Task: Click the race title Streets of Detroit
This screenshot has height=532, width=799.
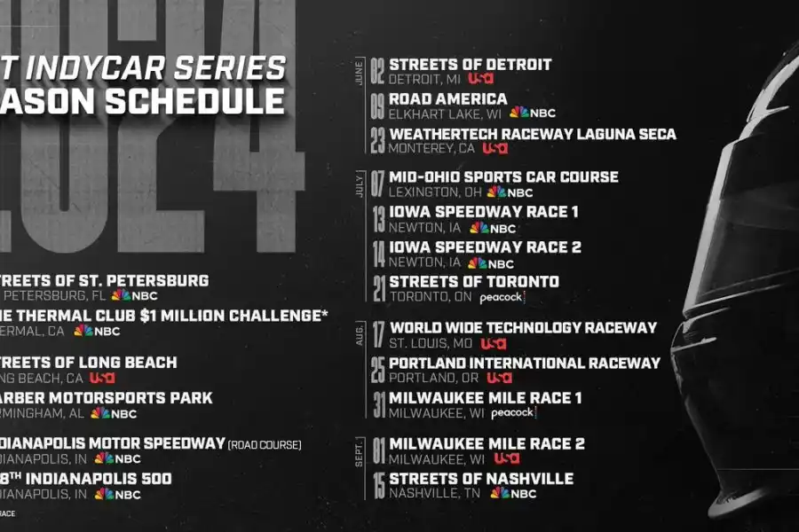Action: pos(470,65)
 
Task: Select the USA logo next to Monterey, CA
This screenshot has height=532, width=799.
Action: pos(494,149)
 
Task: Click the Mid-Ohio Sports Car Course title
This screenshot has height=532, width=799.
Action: pos(503,177)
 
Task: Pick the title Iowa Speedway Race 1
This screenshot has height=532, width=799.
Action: pos(484,212)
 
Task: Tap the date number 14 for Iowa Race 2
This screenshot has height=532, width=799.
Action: pos(378,254)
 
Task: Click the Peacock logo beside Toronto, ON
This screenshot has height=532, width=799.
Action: pos(502,298)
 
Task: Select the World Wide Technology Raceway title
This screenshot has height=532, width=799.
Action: pos(523,328)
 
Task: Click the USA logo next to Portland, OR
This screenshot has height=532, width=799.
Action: pos(501,378)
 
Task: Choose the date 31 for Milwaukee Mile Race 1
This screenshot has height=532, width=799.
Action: pos(378,405)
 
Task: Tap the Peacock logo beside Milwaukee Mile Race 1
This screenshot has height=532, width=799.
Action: pos(512,413)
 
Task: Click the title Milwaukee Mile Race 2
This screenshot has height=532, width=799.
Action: pos(487,444)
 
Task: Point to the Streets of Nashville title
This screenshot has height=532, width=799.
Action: pos(481,479)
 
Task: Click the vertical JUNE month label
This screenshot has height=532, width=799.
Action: pos(359,71)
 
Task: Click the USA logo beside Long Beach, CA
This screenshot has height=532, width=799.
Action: pos(102,378)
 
